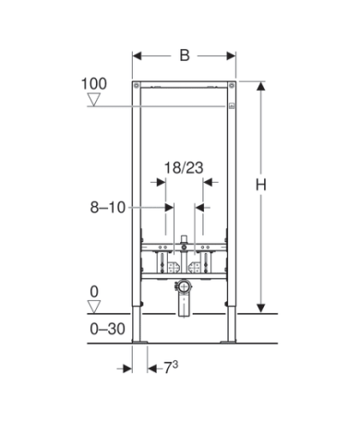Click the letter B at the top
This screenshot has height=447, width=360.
(184, 56)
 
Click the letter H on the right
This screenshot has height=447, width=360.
(261, 186)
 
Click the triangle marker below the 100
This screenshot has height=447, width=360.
(92, 99)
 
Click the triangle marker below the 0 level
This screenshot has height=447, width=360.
(92, 307)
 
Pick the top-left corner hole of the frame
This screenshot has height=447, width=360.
(138, 88)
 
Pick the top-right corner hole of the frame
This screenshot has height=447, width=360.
(230, 88)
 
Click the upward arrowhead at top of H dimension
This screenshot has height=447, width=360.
(261, 86)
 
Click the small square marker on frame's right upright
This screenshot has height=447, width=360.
(231, 105)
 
